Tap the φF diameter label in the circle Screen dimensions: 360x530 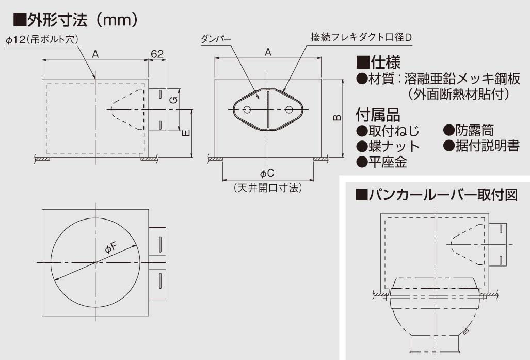point(111,248)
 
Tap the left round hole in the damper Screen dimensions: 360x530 point(247,110)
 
